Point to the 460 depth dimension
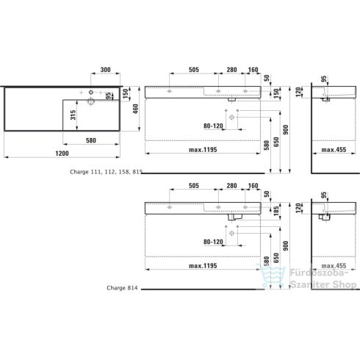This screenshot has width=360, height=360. point(135,107)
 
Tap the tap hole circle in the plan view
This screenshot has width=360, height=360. point(91,93)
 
